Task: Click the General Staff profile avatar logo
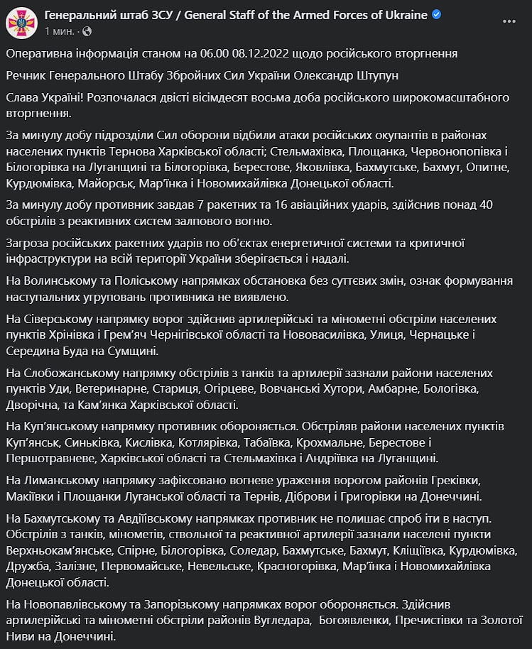click(x=22, y=23)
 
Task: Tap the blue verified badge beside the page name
click(x=437, y=15)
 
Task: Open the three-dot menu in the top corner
click(x=509, y=21)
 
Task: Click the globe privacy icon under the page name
click(x=87, y=31)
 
